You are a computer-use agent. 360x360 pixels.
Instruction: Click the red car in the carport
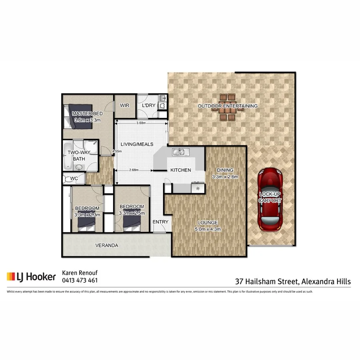(x=270, y=199)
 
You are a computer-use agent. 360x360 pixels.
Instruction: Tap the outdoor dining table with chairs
(x=227, y=107)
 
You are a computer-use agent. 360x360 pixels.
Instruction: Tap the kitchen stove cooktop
(x=197, y=187)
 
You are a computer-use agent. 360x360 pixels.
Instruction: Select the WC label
(x=74, y=178)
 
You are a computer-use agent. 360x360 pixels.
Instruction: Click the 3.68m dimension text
(x=140, y=123)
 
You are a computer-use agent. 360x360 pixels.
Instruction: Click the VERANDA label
(x=106, y=246)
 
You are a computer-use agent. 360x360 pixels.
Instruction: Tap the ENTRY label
(x=161, y=222)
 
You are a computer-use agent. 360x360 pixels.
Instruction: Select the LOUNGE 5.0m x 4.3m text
(x=207, y=226)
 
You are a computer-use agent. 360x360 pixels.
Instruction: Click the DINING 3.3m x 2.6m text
(x=225, y=173)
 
